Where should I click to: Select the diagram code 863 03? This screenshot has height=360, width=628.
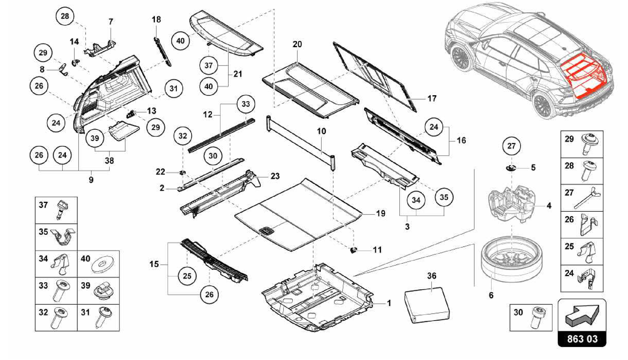tap(582, 339)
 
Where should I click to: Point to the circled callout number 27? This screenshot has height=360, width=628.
tap(511, 146)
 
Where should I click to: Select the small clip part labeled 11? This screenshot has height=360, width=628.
tap(354, 250)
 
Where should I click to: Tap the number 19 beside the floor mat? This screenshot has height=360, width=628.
tap(381, 213)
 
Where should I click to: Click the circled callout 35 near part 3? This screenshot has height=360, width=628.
tap(444, 197)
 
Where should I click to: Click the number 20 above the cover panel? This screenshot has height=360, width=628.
tap(297, 44)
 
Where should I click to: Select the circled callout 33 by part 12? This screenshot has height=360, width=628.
tap(246, 104)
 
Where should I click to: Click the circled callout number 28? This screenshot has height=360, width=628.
tap(65, 16)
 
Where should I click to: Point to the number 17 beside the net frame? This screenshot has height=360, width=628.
tap(432, 99)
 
